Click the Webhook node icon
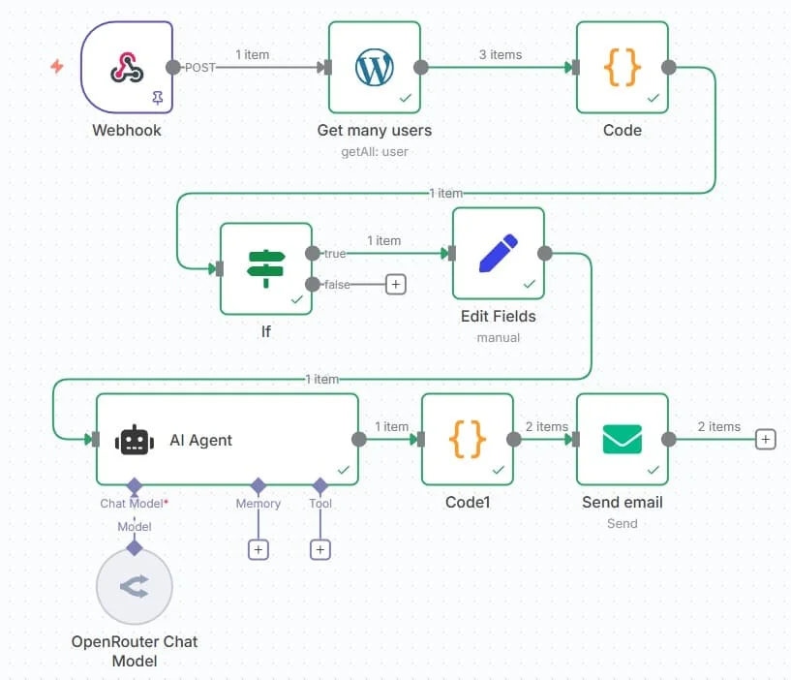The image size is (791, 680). pos(127,67)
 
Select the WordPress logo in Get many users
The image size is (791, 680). pos(374,67)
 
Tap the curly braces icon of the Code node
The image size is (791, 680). pos(623,67)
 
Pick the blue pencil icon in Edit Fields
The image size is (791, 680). pos(498,253)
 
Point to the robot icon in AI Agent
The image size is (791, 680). pos(135,440)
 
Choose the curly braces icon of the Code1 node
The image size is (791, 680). pos(468,439)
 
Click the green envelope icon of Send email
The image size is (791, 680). pos(622,439)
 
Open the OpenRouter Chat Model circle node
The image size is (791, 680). pos(135,588)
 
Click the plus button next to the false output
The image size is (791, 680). pos(395,284)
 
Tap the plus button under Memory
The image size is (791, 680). pos(259,549)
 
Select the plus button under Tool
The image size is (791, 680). pos(320,549)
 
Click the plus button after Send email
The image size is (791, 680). pos(765,440)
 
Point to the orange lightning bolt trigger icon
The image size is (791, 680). pos(57,67)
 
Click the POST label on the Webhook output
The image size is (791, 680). pos(200,68)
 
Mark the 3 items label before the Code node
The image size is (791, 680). pos(500,54)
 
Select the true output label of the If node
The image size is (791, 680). pos(334,254)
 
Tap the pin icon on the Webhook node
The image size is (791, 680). pos(157,98)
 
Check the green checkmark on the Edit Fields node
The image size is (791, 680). pos(529,284)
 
